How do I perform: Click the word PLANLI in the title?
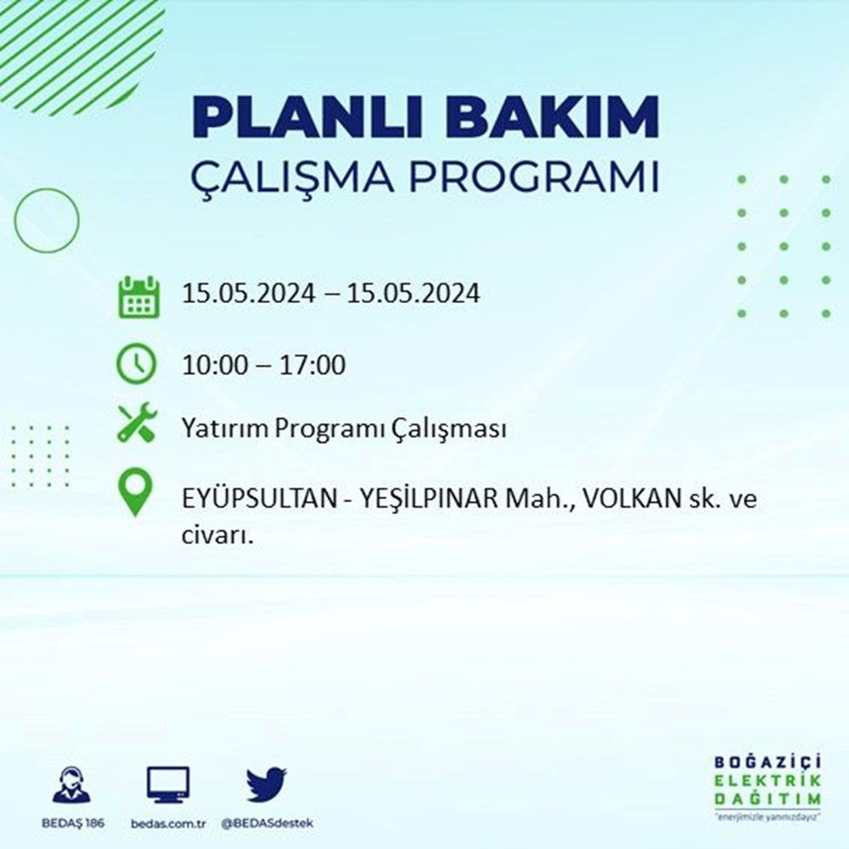[x=306, y=116]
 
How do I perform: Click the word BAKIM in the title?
[x=551, y=116]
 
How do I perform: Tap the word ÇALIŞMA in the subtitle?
[x=293, y=177]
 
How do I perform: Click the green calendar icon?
[x=138, y=296]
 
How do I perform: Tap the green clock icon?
[x=137, y=364]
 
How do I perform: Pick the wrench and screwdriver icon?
[x=137, y=423]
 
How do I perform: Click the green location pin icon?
[x=135, y=492]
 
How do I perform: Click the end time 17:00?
[x=312, y=364]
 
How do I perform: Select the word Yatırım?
[x=225, y=429]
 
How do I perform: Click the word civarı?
[x=217, y=535]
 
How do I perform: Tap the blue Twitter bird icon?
[x=267, y=784]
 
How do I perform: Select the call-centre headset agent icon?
[x=72, y=784]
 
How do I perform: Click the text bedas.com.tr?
[x=168, y=824]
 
